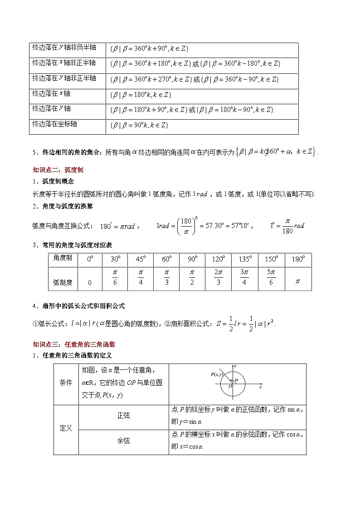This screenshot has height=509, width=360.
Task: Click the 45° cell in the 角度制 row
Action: pos(141,259)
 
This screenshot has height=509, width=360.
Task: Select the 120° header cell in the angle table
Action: pos(219,259)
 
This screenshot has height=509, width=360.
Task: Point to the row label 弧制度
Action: pos(63,282)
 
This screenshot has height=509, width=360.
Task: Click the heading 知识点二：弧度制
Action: pos(58,170)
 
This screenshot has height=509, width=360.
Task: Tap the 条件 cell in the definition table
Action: pos(66,383)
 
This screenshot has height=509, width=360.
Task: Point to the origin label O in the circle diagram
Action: pos(231,386)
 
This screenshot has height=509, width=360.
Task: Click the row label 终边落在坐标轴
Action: pos(55,124)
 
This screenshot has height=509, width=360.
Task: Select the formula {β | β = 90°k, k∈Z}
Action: pos(139,125)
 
